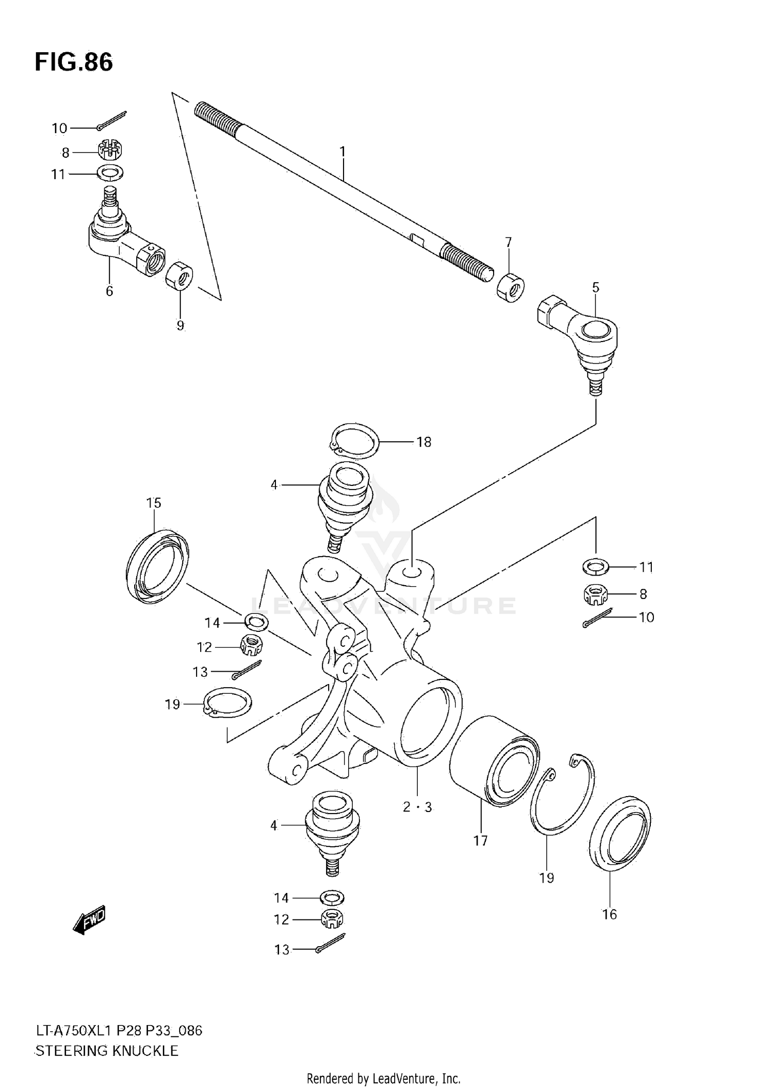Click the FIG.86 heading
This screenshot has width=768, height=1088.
[74, 62]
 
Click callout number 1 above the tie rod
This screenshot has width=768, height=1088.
[343, 152]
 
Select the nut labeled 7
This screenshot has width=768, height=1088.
[510, 288]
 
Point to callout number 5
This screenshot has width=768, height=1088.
[595, 287]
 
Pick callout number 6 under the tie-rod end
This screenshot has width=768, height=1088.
[109, 291]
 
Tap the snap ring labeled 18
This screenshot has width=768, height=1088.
[353, 441]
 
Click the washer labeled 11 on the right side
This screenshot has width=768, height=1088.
[595, 567]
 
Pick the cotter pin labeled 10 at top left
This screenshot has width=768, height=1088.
[111, 121]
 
